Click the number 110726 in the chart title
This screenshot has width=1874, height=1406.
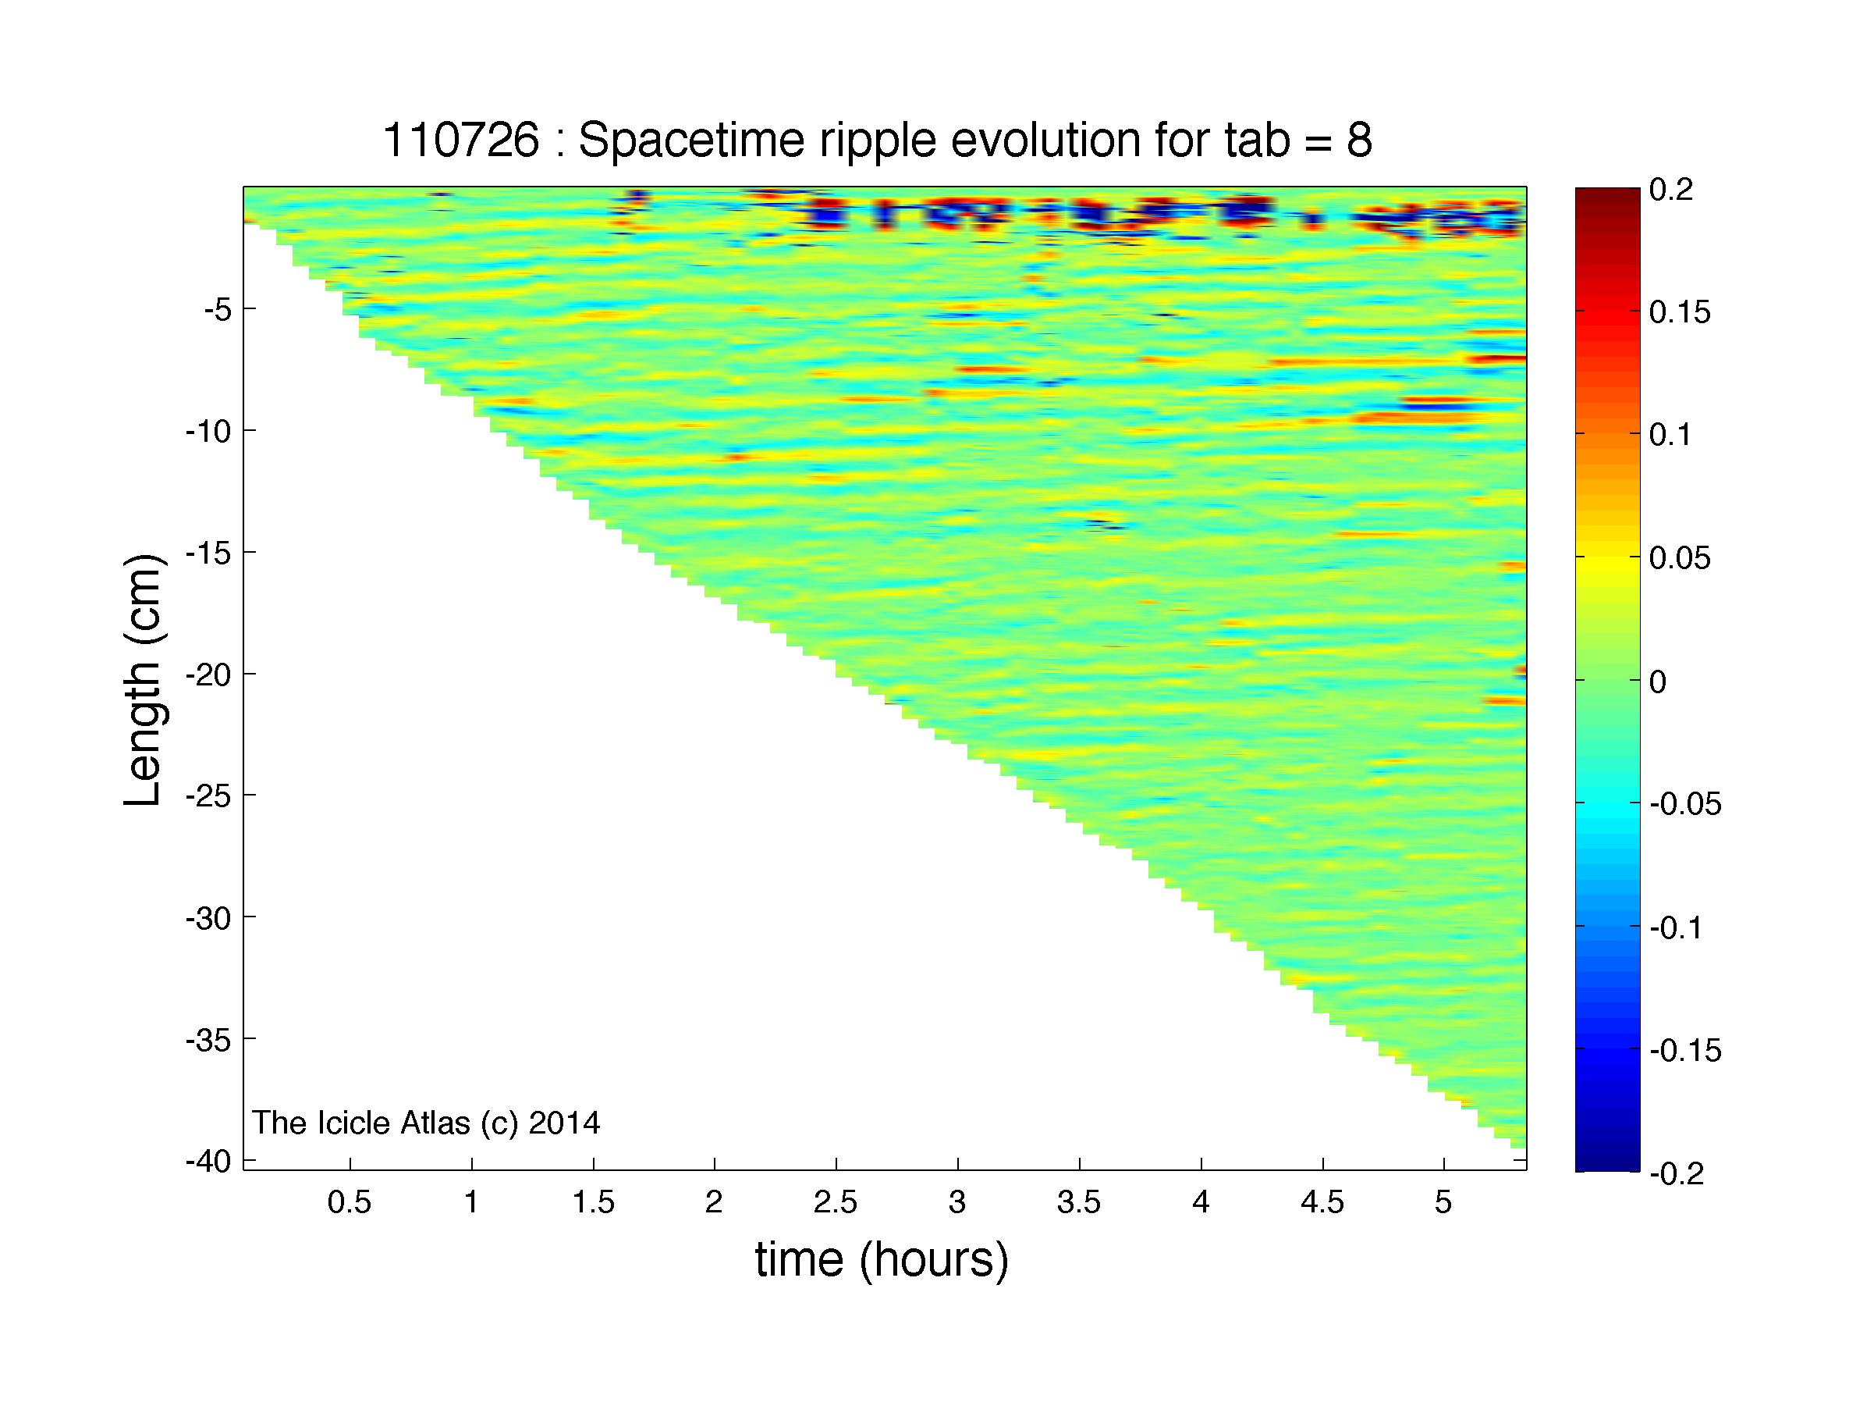[x=461, y=141]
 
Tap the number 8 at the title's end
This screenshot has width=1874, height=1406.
[x=1358, y=141]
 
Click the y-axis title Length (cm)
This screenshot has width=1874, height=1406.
[x=142, y=681]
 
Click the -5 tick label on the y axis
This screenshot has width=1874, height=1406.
[x=217, y=309]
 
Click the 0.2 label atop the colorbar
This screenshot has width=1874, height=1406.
[x=1671, y=190]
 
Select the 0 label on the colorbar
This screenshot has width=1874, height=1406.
[x=1659, y=682]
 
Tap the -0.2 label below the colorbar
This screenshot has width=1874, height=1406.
[x=1677, y=1175]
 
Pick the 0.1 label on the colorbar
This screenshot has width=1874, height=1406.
[x=1671, y=436]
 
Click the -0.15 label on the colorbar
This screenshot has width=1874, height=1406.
[x=1686, y=1052]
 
